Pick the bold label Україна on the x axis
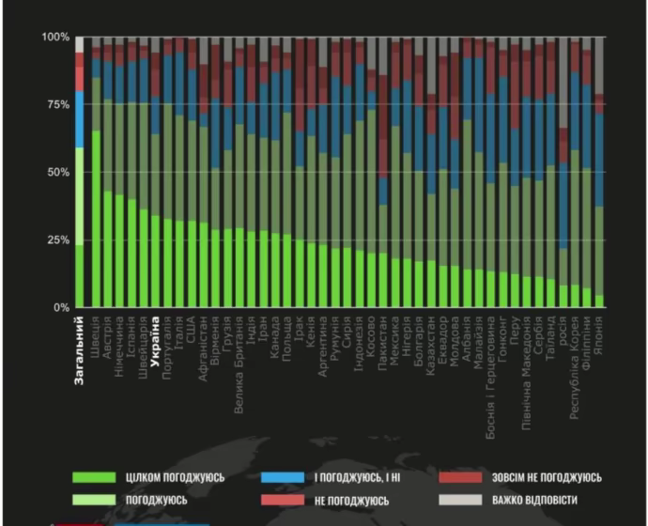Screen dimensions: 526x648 [155, 337]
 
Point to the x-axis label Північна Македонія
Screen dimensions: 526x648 [526, 368]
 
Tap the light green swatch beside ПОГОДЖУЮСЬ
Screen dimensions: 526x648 [97, 500]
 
